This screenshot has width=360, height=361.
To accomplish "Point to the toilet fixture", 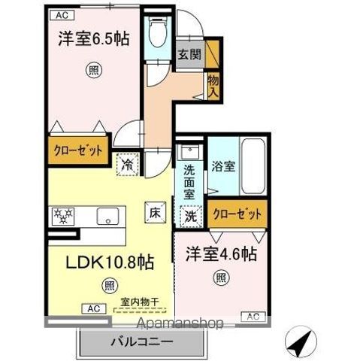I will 157,33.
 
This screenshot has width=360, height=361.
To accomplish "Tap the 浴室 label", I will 223,167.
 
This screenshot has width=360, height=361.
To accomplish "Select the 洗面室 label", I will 190,181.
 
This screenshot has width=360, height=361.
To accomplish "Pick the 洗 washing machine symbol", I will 190,214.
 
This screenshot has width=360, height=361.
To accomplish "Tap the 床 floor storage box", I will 153,212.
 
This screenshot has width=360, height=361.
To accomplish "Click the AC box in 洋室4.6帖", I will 252,315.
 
